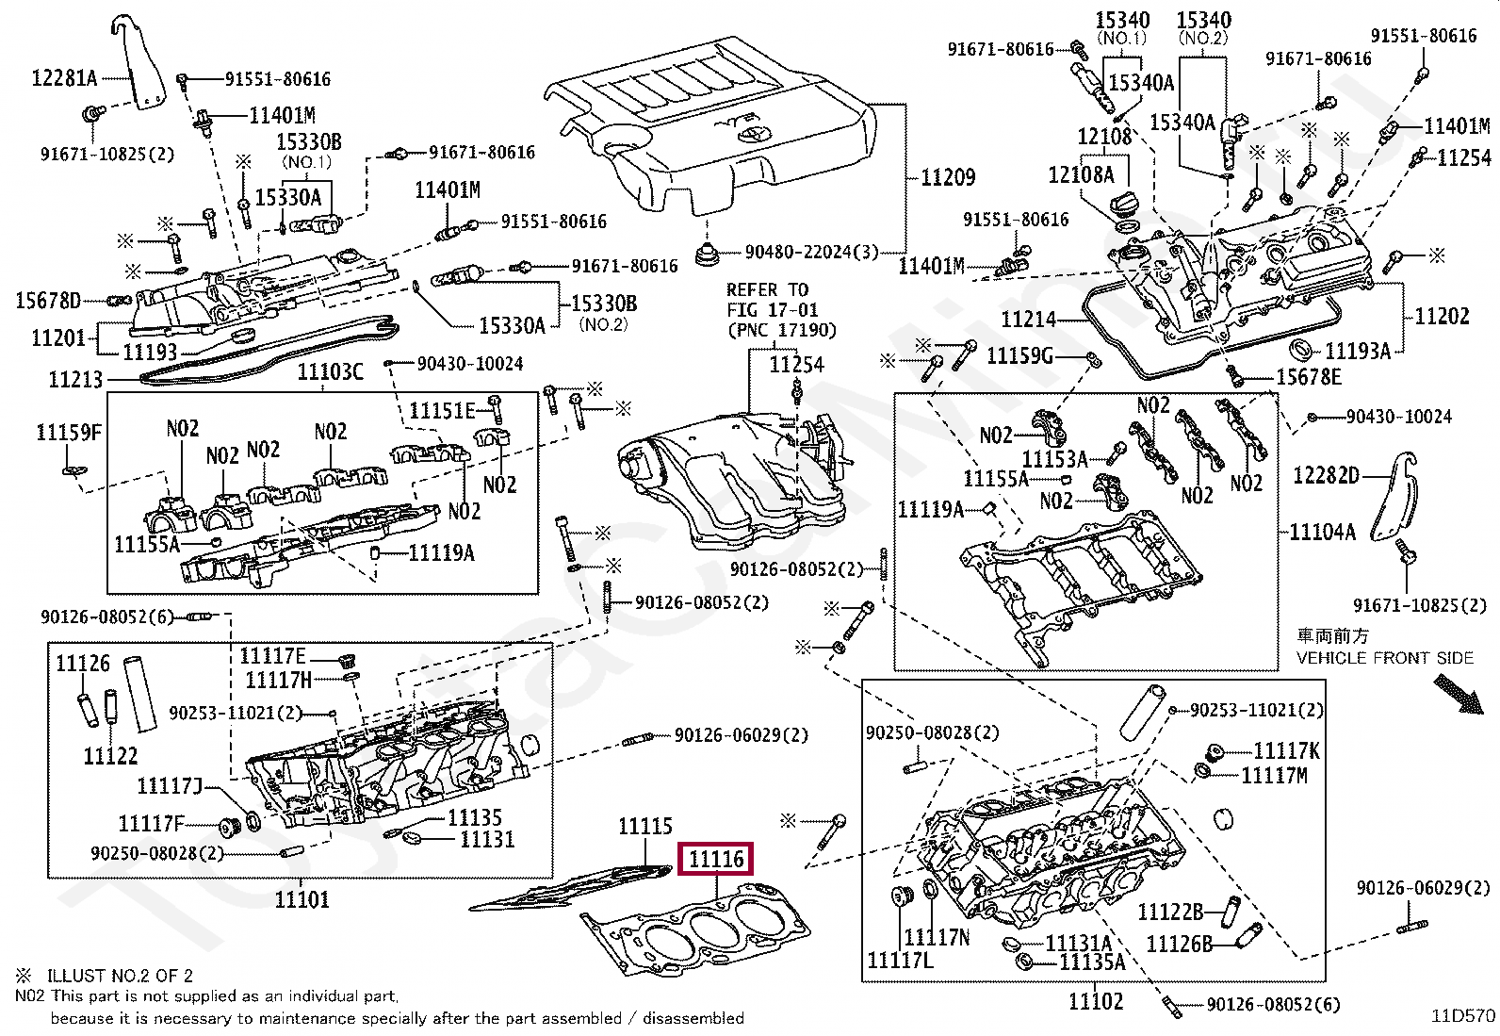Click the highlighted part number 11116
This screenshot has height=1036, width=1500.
[x=716, y=859]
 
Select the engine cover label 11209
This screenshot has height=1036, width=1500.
[x=948, y=177]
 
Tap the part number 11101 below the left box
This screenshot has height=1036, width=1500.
[x=302, y=899]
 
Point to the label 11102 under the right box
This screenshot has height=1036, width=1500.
[x=1096, y=1001]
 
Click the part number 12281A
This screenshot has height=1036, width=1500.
[x=64, y=78]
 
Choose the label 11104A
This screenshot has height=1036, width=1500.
[x=1323, y=532]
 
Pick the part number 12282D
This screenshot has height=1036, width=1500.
[x=1326, y=476]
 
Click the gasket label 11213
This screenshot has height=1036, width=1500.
[x=75, y=380]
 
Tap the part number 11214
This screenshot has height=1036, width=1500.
[x=1028, y=320]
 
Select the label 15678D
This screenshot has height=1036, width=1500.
[x=47, y=301]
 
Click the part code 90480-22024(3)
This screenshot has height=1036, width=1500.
[x=811, y=252]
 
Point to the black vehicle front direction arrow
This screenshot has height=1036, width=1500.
[x=1459, y=695]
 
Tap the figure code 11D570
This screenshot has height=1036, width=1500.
[x=1463, y=1016]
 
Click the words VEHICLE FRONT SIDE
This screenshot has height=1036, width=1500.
[x=1385, y=658]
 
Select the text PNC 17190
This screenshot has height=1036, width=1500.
[x=782, y=330]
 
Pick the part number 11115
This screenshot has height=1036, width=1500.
[x=644, y=826]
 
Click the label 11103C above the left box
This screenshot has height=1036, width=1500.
[x=330, y=372]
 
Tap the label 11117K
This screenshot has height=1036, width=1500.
[x=1286, y=751]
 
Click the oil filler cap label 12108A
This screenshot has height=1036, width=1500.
[x=1081, y=175]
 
